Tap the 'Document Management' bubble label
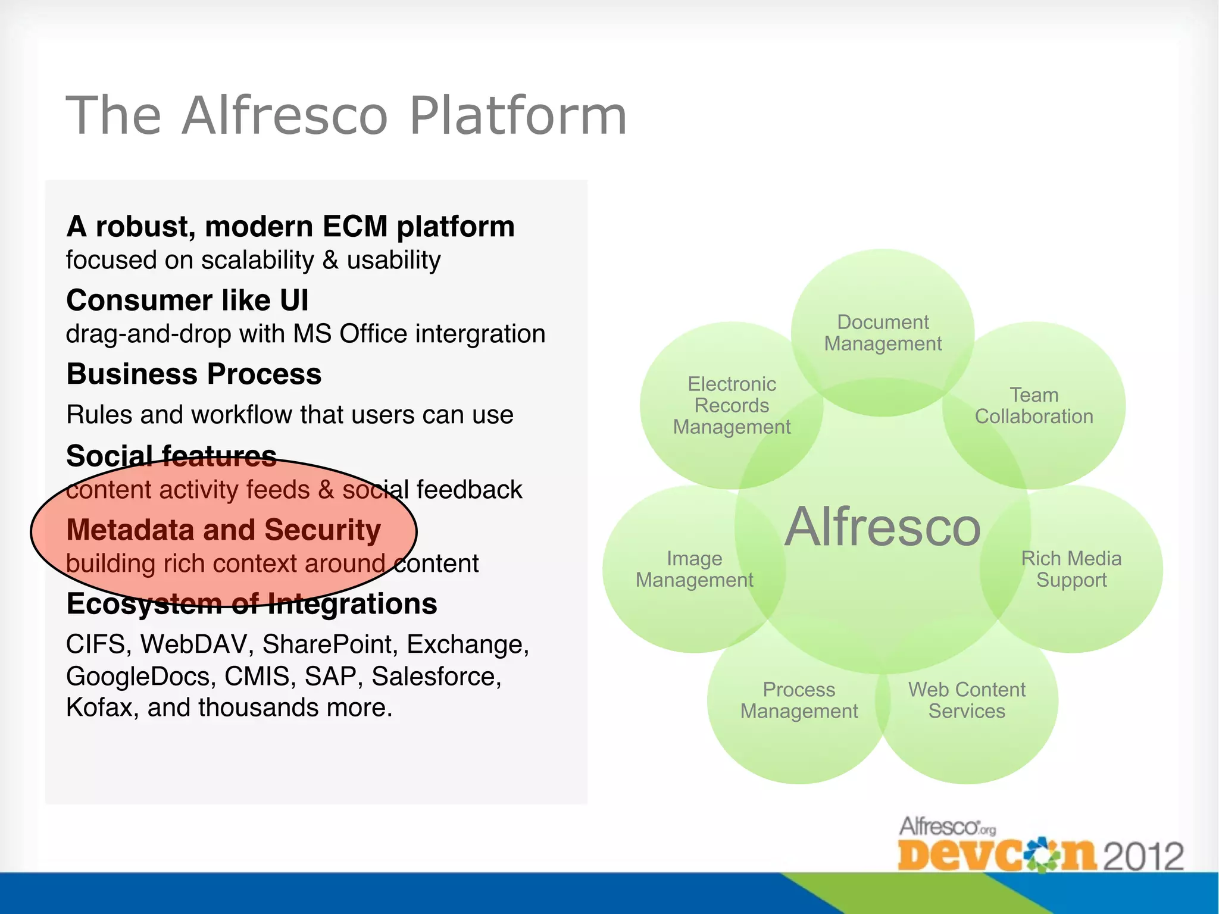tap(883, 333)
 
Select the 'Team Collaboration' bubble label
tap(1034, 405)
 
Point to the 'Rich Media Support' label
tap(1071, 569)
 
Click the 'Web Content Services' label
tap(967, 700)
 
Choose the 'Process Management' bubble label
tap(799, 700)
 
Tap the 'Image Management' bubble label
tap(694, 569)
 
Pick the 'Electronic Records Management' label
tap(732, 405)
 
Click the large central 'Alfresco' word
tap(882, 527)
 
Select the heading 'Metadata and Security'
tap(223, 530)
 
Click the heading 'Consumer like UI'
tap(187, 300)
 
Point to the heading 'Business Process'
tap(194, 374)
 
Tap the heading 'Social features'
tap(171, 456)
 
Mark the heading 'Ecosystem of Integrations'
tap(252, 603)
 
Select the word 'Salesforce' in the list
tap(436, 676)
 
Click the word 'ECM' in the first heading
tap(355, 227)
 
